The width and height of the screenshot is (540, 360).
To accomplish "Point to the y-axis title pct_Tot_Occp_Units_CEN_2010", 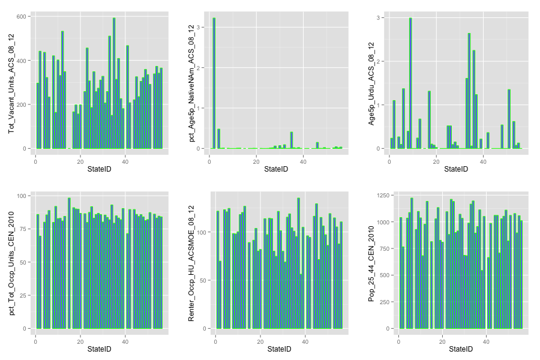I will tap(11, 262).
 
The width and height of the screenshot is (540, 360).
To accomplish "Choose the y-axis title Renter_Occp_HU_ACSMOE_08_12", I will tap(191, 262).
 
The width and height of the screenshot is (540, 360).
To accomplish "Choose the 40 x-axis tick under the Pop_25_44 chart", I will tap(486, 341).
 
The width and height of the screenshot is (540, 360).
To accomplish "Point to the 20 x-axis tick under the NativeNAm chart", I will tap(256, 160).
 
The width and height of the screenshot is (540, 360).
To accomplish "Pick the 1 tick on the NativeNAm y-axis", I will tap(205, 108).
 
